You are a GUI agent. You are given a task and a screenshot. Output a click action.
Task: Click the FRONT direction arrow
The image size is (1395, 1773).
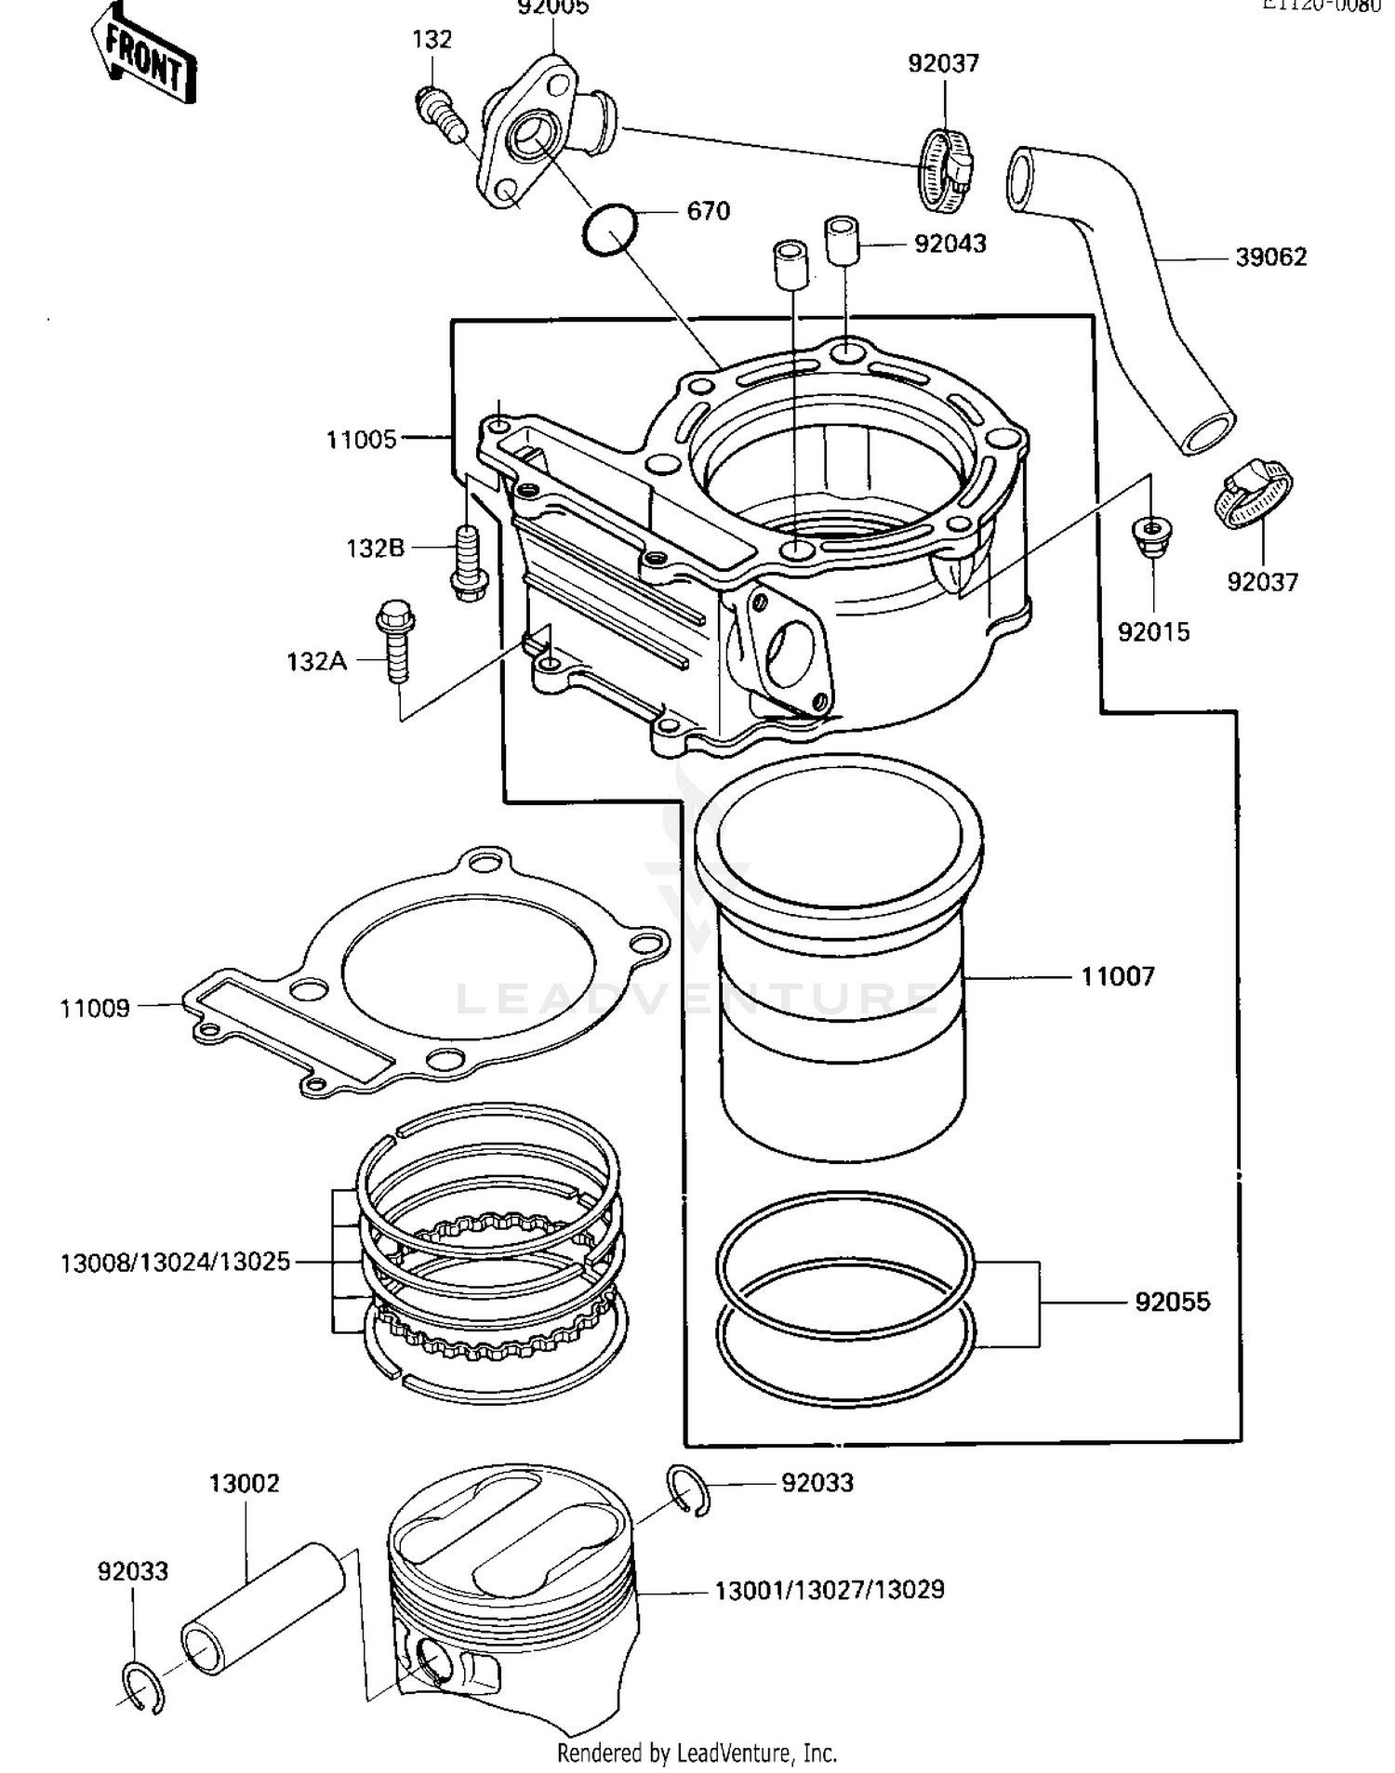[145, 55]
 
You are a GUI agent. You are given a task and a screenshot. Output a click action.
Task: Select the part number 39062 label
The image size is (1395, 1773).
[1270, 258]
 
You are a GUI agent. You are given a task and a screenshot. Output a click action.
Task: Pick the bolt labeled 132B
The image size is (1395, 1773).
[468, 562]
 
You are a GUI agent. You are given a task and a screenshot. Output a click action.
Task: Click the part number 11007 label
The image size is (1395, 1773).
[1117, 977]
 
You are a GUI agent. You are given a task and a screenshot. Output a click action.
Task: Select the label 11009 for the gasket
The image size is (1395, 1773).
[95, 1009]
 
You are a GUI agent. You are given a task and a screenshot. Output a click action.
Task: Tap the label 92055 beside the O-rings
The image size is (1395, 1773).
[1172, 1302]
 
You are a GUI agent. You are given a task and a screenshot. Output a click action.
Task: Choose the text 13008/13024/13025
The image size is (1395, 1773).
[175, 1263]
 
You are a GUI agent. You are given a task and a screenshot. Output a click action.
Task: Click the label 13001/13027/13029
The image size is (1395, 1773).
[829, 1590]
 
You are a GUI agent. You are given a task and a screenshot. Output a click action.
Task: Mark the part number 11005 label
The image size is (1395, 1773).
[361, 440]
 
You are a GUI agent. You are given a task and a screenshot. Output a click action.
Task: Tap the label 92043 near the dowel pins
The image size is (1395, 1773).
[950, 244]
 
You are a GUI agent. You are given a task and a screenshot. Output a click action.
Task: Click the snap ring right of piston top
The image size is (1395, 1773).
[689, 1490]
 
